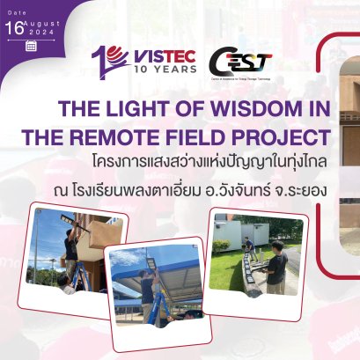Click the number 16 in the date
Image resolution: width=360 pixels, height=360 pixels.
pos(12,27)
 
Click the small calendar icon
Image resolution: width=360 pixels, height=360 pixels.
pos(31,46)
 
